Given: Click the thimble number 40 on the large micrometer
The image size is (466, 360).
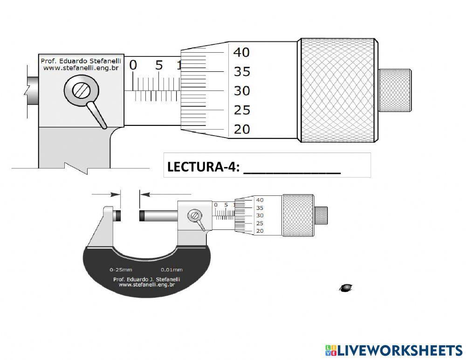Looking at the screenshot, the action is click(241, 52).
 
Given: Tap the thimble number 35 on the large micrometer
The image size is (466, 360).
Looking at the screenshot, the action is click(241, 72).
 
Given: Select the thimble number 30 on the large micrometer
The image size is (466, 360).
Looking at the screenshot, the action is click(241, 91).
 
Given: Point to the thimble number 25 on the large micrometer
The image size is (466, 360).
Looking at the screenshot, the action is click(241, 110).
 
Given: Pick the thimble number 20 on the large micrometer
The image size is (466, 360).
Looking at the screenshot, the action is click(241, 129).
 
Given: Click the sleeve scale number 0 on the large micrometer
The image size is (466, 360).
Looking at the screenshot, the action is click(133, 65).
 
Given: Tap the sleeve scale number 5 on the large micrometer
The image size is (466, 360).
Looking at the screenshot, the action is click(159, 65).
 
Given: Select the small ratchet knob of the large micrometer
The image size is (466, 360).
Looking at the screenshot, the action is click(395, 90).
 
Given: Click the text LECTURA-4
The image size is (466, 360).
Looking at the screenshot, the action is click(203, 166).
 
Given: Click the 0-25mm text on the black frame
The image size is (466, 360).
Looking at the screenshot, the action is click(121, 270).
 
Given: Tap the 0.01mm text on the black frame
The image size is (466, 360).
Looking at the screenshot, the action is click(171, 270).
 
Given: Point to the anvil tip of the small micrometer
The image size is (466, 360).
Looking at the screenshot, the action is click(118, 216).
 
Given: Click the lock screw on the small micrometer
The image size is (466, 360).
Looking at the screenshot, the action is click(195, 215).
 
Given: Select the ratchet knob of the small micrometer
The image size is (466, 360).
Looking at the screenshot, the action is click(321, 216).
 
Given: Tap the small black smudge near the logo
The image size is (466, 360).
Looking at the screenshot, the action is click(346, 288).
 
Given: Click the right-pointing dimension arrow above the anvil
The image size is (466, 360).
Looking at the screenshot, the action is click(106, 194).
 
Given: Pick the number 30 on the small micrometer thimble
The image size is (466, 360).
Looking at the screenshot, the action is click(260, 215).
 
